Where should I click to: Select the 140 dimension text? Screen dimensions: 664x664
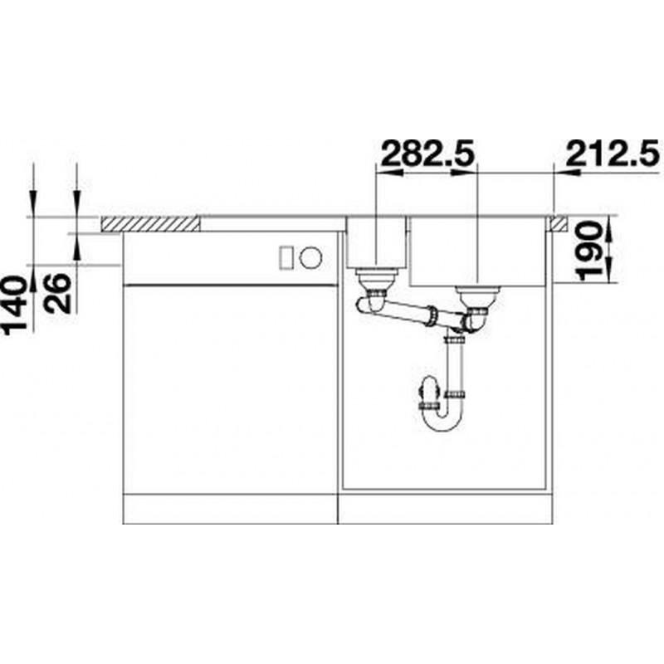(14, 305)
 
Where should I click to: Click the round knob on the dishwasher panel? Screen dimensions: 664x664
(310, 257)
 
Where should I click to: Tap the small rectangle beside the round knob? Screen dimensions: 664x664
(286, 257)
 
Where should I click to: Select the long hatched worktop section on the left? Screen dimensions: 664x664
(150, 223)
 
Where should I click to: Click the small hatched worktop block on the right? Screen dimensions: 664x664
(559, 223)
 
